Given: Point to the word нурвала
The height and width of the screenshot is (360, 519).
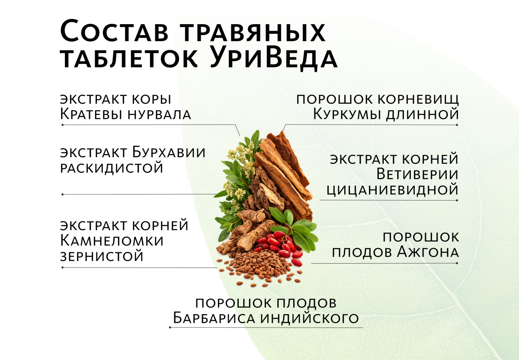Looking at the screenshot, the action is point(160,115).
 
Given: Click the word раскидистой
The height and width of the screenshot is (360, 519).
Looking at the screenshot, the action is point(112,168).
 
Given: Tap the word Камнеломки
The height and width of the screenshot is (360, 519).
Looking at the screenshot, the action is point(112,241).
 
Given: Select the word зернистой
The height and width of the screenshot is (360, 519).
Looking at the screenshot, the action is point(102,256).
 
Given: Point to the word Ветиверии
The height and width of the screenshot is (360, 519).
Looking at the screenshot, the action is point(417,174).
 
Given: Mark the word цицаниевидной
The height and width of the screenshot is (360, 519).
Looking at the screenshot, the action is point(393,190).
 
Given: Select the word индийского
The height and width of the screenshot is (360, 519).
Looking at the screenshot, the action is point(310,319).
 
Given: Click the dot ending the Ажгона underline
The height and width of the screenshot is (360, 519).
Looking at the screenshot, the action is point(457,263).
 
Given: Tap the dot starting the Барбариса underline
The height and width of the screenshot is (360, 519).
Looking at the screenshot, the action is point(170,328).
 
